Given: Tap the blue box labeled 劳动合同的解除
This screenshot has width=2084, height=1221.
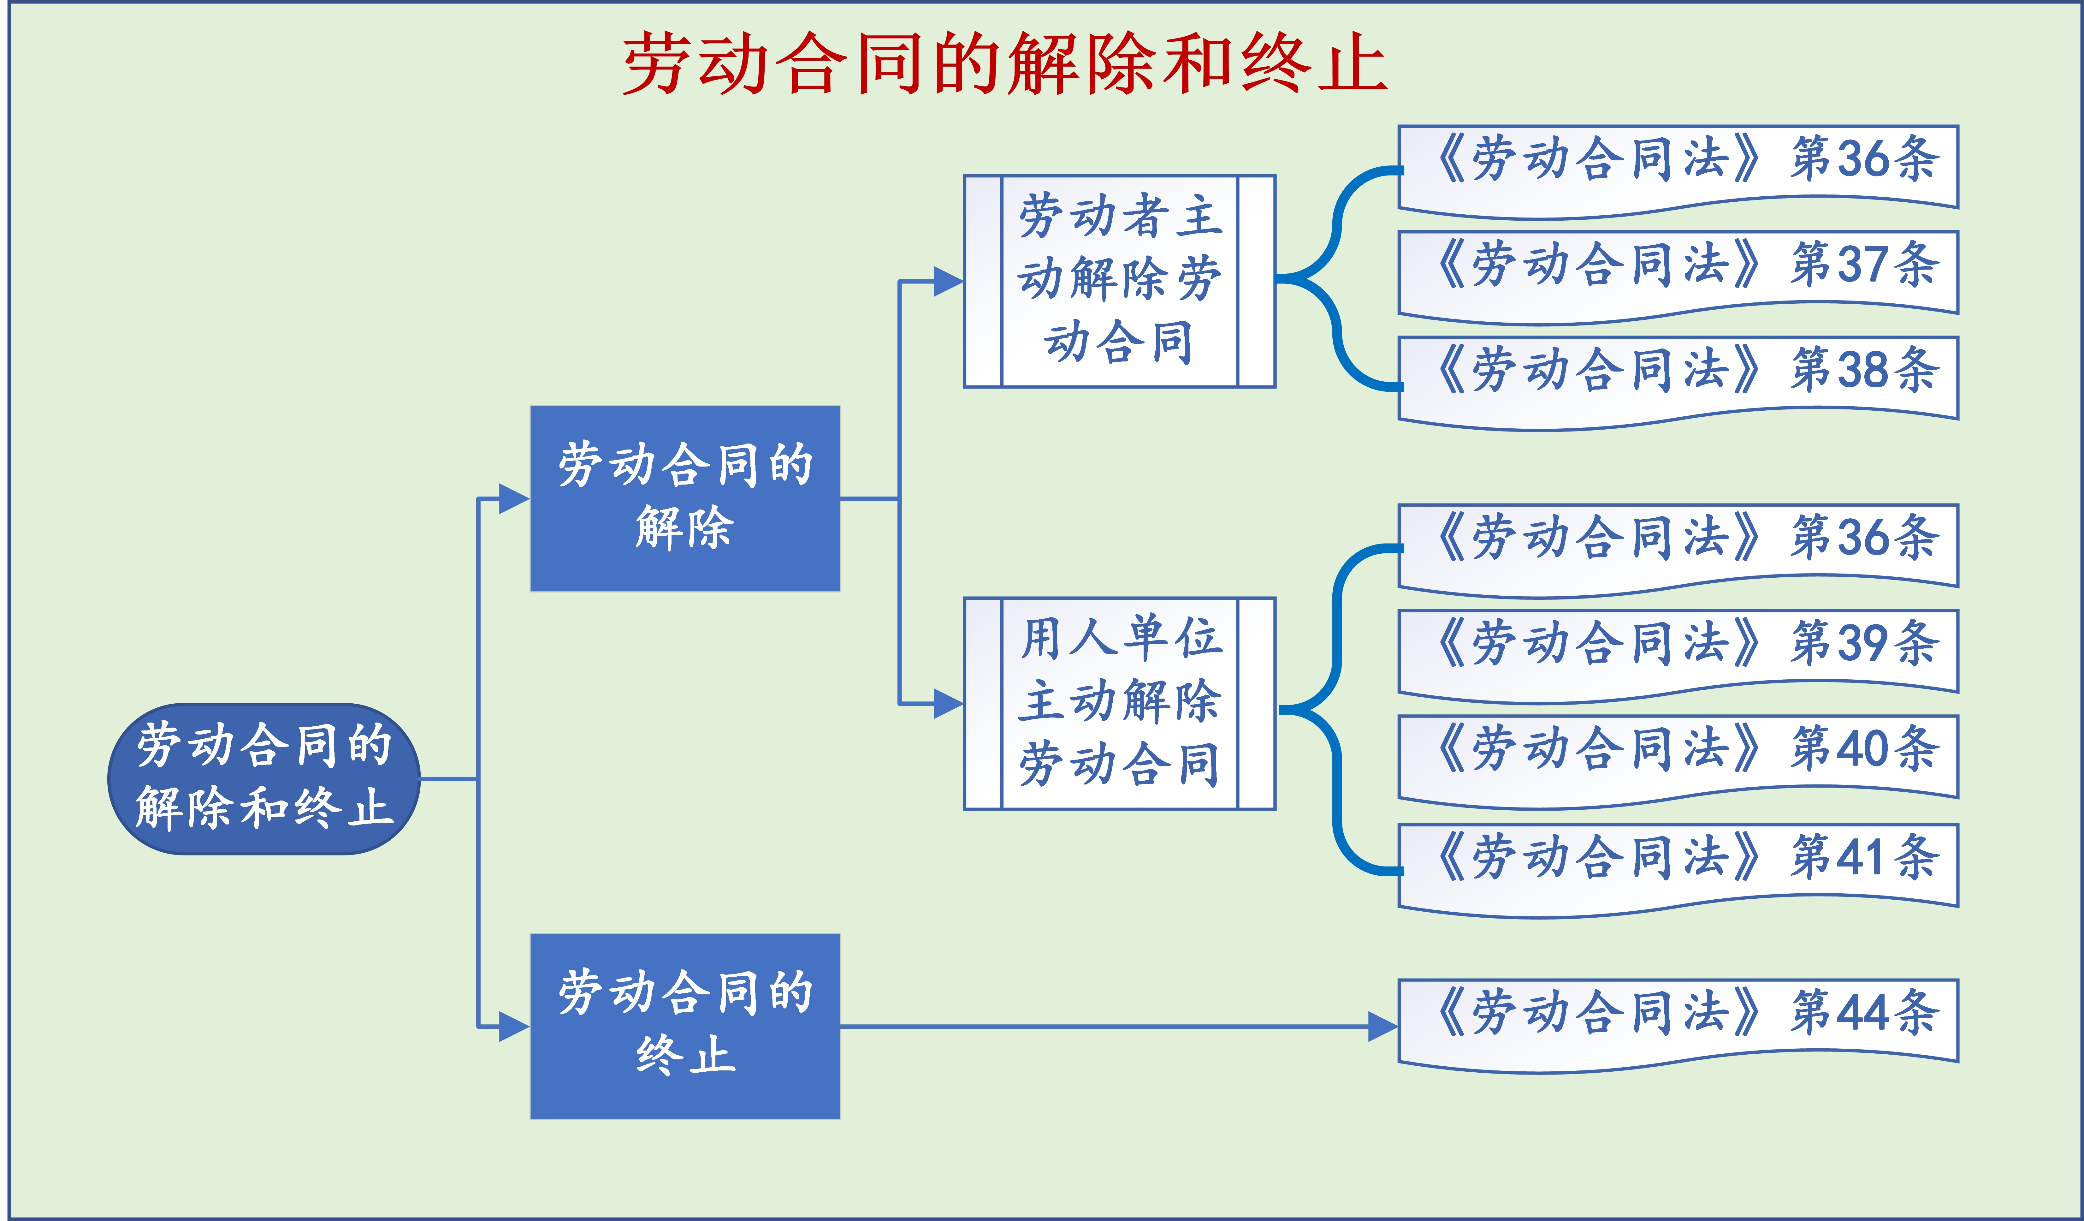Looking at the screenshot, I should [x=685, y=498].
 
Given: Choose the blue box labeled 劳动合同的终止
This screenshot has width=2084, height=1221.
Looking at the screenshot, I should [x=685, y=1026].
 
